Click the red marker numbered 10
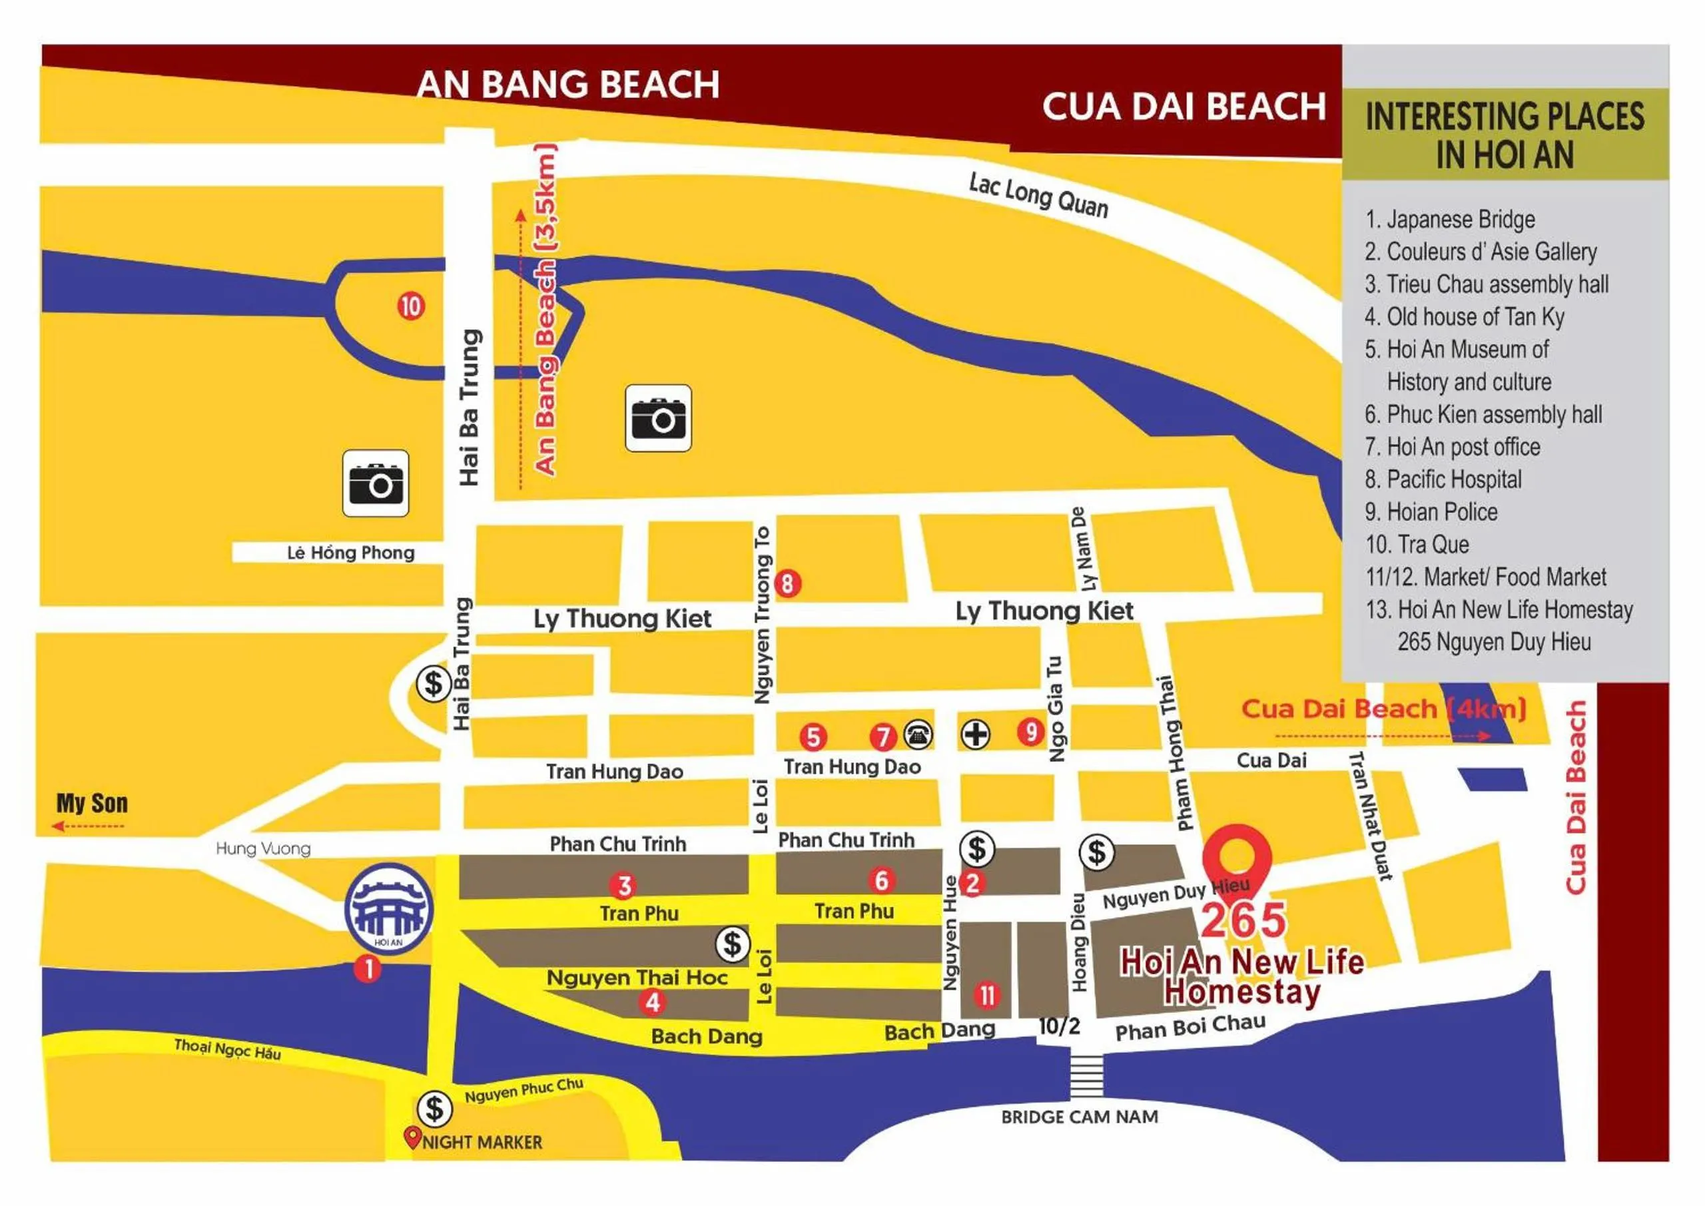click(411, 306)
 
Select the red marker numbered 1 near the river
click(368, 968)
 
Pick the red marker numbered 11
click(987, 995)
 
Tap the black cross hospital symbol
click(975, 735)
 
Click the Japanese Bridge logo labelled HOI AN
click(388, 907)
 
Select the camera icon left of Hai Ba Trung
click(376, 483)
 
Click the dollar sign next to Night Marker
click(434, 1109)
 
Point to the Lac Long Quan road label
click(1038, 195)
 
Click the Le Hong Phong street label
click(350, 553)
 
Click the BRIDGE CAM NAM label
click(1079, 1117)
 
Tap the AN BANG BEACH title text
click(568, 85)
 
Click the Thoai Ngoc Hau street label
click(227, 1050)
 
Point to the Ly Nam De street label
click(1084, 549)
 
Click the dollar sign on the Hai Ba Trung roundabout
click(433, 683)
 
